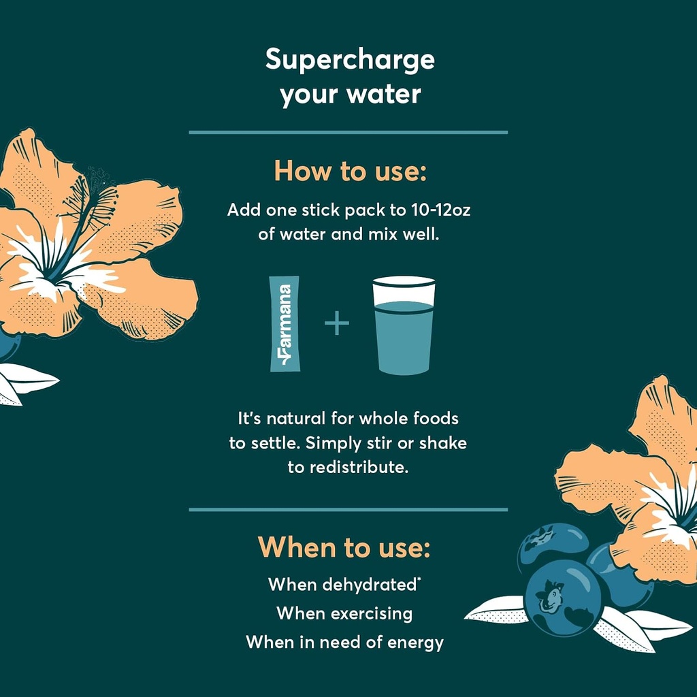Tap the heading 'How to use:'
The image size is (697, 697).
pos(349,172)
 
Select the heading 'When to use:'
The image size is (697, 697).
pos(344,547)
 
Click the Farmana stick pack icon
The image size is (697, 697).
pos(285,323)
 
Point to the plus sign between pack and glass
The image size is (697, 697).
pos(336,323)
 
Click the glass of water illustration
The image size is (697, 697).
pos(404,325)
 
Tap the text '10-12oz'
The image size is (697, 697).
pos(441,210)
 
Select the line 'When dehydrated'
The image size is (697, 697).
pos(341,584)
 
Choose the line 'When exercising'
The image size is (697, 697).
pos(344,613)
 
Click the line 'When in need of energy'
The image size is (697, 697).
pos(344,642)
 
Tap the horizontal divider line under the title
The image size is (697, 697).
pos(348,132)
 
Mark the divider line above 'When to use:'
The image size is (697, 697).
pos(348,509)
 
